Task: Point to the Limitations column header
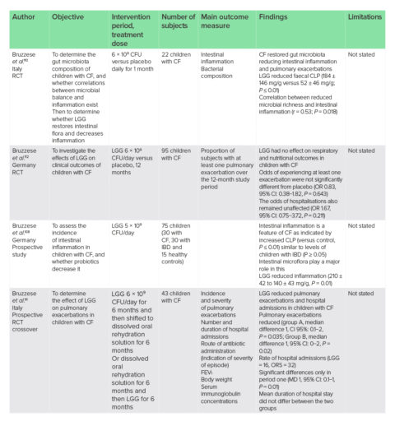point(364,16)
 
